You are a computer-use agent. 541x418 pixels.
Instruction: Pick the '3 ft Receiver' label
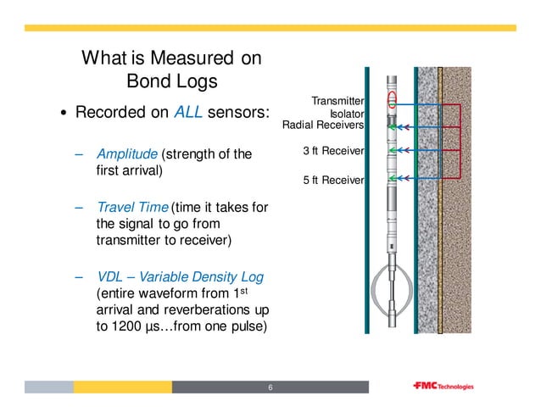click(x=333, y=151)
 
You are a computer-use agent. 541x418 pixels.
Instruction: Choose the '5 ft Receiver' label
click(x=333, y=180)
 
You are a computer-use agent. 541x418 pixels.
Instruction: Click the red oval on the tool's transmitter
click(x=392, y=102)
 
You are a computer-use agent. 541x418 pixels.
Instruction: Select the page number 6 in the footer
click(x=270, y=387)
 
